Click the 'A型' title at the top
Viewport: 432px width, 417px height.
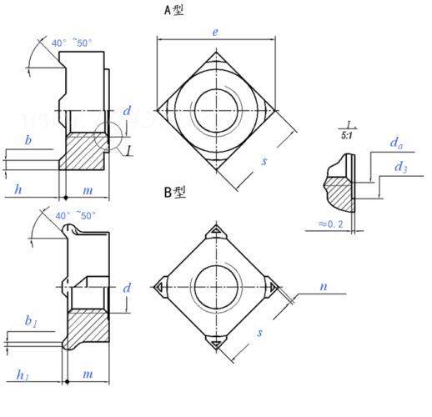pyautogui.click(x=173, y=10)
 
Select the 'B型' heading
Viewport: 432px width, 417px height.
pyautogui.click(x=175, y=192)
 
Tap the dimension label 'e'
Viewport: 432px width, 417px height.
pyautogui.click(x=215, y=33)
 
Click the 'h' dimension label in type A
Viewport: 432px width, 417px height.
pyautogui.click(x=18, y=189)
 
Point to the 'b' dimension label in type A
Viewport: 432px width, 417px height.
pyautogui.click(x=28, y=140)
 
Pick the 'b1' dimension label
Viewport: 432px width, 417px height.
pyautogui.click(x=31, y=321)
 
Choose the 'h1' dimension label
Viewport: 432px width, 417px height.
pyautogui.click(x=23, y=375)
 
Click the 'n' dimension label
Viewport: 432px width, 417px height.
pyautogui.click(x=324, y=287)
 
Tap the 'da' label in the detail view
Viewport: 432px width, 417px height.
pyautogui.click(x=396, y=143)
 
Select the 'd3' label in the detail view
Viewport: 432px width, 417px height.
pyautogui.click(x=401, y=168)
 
